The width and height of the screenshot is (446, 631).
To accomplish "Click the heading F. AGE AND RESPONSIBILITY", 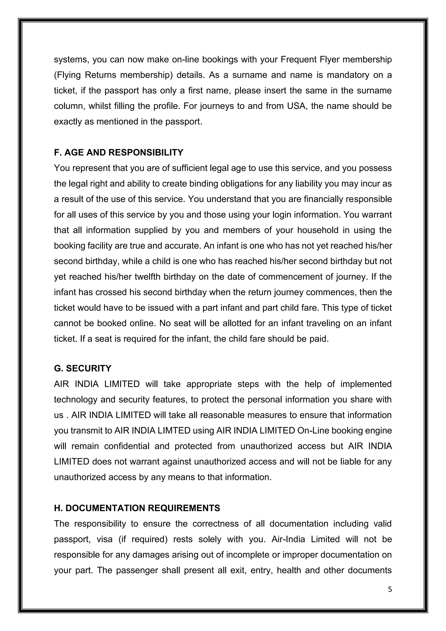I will [x=118, y=153].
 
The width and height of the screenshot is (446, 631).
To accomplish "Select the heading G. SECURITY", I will [x=83, y=368].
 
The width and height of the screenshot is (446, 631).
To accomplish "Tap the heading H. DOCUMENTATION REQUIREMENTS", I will [x=137, y=508].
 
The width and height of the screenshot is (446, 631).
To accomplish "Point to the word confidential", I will [x=127, y=446].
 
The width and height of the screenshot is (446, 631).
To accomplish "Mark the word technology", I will [x=76, y=399].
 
